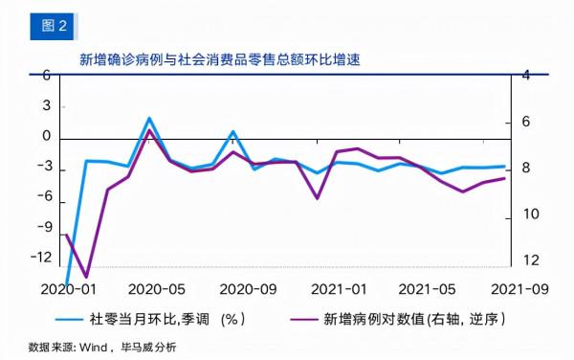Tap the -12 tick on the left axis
(40, 257)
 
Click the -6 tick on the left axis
(42, 196)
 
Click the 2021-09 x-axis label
(518, 287)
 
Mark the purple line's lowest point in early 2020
(87, 277)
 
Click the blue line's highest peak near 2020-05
(149, 118)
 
